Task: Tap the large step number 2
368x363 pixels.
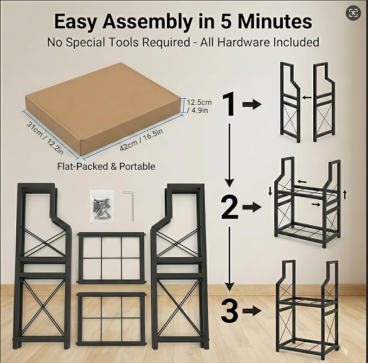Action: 229,207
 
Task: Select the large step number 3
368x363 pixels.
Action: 229,310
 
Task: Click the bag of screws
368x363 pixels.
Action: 102,207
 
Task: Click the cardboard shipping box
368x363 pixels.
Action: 103,109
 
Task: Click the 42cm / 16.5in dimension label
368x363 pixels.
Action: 141,140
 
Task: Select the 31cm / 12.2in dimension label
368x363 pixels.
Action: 45,138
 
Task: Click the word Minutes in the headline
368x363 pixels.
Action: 275,22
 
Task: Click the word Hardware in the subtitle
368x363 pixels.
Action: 243,42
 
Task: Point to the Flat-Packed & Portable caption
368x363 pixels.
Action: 106,167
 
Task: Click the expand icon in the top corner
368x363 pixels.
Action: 353,12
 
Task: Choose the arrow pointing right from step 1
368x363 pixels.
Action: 252,104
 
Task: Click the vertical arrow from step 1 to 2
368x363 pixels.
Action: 229,155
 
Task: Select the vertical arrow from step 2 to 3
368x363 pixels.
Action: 229,259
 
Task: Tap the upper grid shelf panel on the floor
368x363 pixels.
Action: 111,258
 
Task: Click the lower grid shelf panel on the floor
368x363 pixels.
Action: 111,319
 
